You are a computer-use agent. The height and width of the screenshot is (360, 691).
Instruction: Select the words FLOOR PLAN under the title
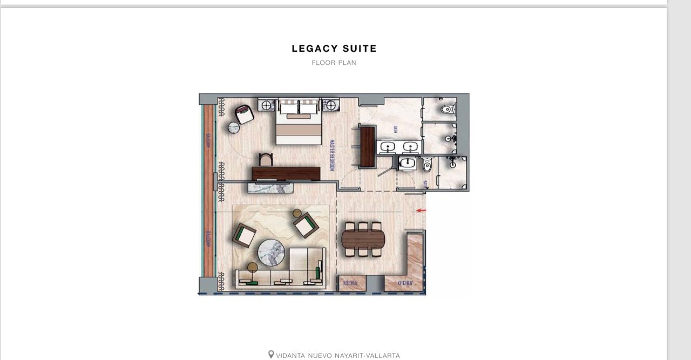(334, 63)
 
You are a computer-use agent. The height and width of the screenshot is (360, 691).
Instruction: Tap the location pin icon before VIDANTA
(271, 355)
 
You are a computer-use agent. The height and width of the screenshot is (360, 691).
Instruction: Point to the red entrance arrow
(421, 210)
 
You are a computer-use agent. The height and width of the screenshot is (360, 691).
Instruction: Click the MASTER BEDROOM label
(332, 155)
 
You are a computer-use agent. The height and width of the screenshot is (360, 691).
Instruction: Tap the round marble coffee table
(271, 253)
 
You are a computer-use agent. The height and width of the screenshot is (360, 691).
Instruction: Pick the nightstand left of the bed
(267, 104)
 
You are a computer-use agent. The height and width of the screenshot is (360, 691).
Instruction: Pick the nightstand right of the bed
(330, 104)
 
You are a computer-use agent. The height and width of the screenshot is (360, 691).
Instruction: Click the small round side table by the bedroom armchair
(234, 128)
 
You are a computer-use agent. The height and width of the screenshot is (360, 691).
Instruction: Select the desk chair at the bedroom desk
(266, 160)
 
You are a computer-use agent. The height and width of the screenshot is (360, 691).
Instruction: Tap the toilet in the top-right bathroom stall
(446, 110)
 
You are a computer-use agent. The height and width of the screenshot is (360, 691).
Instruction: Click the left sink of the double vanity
(387, 146)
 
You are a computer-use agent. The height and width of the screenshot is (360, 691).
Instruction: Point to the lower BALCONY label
(208, 239)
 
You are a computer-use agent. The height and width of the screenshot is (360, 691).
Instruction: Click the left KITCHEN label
(350, 283)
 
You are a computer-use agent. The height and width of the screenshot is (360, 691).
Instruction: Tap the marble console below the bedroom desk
(270, 188)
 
